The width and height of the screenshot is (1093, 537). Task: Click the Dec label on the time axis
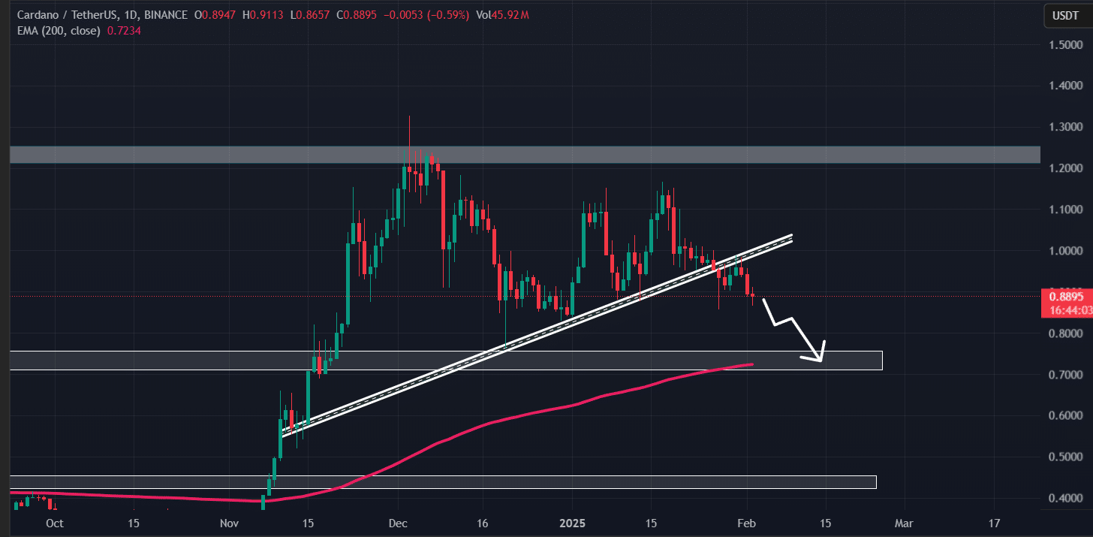(x=398, y=523)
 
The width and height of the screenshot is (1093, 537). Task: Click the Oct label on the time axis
(x=54, y=523)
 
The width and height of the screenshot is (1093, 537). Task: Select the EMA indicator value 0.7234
(x=125, y=31)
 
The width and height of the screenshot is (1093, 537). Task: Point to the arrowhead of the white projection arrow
(x=821, y=360)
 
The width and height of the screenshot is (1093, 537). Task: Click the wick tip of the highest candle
(x=409, y=117)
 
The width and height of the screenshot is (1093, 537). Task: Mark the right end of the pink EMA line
(x=753, y=364)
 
